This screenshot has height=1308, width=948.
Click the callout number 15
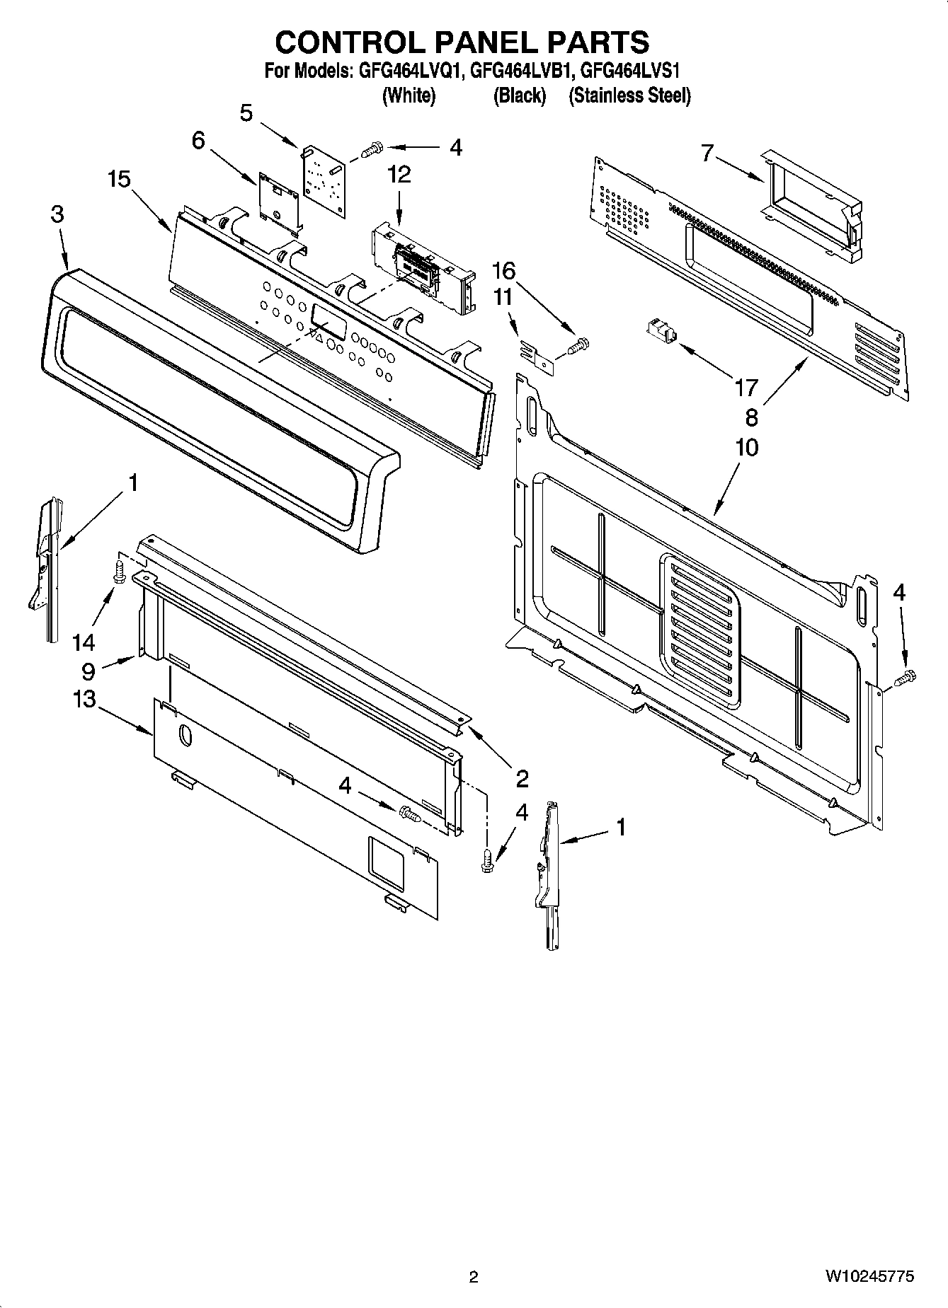(119, 180)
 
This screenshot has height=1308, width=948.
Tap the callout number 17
(746, 387)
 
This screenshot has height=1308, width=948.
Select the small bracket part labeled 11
(539, 354)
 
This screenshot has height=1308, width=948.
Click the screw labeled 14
(120, 571)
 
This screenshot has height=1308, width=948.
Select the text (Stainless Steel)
(629, 96)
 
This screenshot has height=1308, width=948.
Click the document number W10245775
(869, 1277)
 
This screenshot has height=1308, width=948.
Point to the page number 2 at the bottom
(474, 1277)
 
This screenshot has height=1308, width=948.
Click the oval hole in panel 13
(184, 736)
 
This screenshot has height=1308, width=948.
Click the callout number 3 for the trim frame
(57, 215)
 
